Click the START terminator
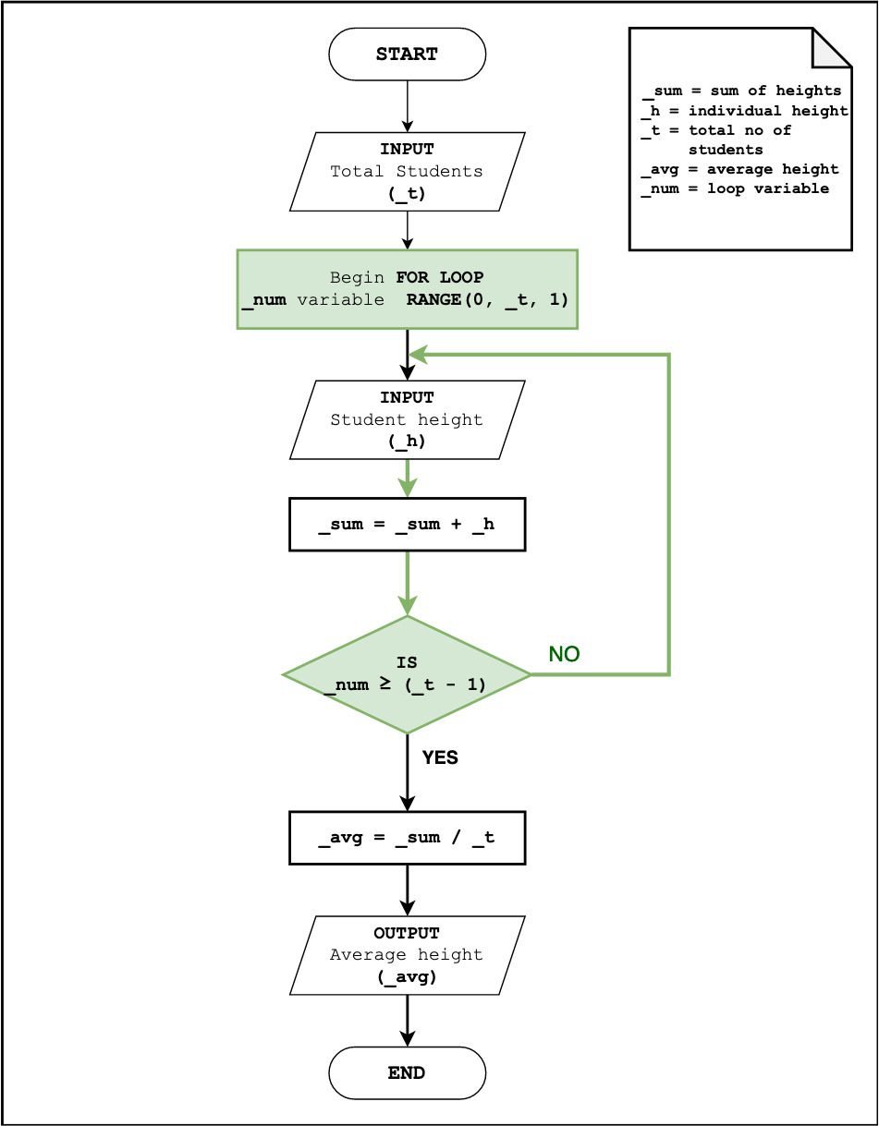(x=407, y=54)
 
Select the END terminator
(x=407, y=1072)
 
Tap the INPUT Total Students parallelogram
(x=407, y=171)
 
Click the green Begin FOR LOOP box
(x=407, y=288)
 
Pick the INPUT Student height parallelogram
(x=407, y=419)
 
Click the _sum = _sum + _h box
(x=407, y=525)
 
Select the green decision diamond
(x=407, y=674)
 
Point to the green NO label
(x=564, y=654)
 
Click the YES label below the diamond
(x=440, y=757)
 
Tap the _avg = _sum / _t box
(x=407, y=838)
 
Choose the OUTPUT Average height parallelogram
(x=407, y=955)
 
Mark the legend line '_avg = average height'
(x=740, y=169)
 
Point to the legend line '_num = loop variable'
(x=736, y=188)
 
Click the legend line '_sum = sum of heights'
(x=741, y=91)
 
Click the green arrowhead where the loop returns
(x=419, y=354)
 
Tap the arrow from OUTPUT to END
(x=407, y=1021)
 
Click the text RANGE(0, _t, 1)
(x=487, y=299)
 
